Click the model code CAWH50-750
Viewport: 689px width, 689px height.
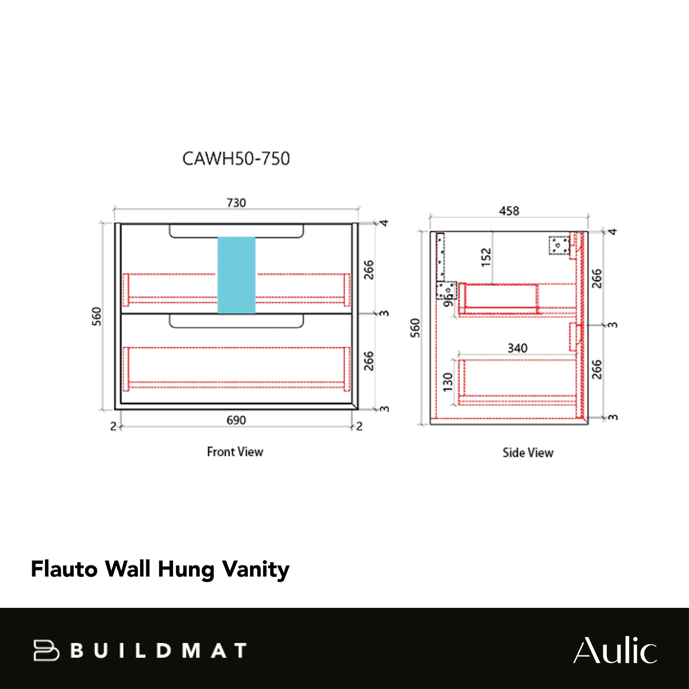tap(236, 158)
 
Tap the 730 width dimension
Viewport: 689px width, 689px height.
tap(236, 202)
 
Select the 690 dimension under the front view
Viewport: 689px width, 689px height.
tap(236, 420)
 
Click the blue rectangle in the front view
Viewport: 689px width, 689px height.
tap(236, 275)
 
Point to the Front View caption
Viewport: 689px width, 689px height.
tap(235, 452)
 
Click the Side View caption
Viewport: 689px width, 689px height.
tap(528, 453)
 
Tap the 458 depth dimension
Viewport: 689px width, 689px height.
tap(509, 211)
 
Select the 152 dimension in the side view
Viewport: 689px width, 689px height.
tap(486, 258)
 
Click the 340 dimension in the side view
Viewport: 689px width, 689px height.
tap(518, 348)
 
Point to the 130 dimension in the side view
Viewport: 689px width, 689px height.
tap(447, 382)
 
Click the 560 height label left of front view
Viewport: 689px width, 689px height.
tap(97, 316)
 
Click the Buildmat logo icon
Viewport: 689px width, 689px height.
tap(46, 650)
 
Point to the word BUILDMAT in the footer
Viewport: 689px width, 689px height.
tap(158, 650)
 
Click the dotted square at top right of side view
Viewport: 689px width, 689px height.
tap(559, 245)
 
